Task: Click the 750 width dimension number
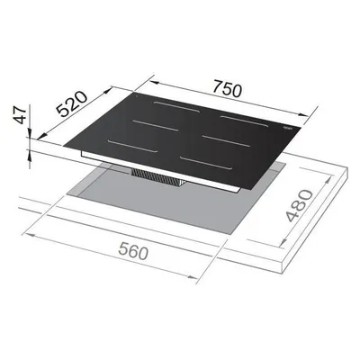pyautogui.click(x=227, y=88)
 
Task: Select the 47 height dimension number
pyautogui.click(x=21, y=114)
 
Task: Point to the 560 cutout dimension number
pyautogui.click(x=134, y=251)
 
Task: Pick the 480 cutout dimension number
pyautogui.click(x=299, y=205)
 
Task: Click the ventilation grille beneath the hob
pyautogui.click(x=158, y=177)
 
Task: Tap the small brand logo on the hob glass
pyautogui.click(x=287, y=128)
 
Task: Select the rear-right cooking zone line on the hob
pyautogui.click(x=244, y=121)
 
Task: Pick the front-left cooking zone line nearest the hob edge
pyautogui.click(x=132, y=146)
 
